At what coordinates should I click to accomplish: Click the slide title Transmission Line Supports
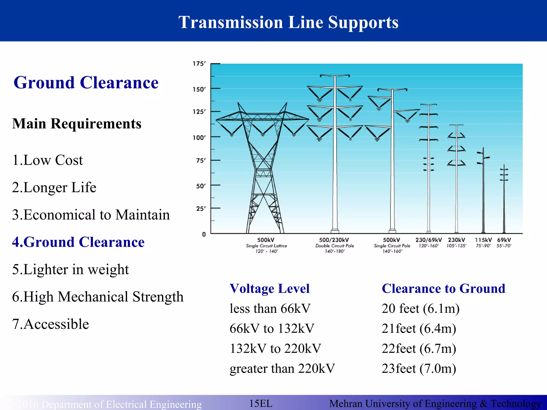tap(288, 22)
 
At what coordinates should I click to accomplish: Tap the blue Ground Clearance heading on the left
tap(86, 82)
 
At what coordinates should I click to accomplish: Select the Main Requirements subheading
tap(77, 124)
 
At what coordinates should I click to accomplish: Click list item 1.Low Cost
tap(48, 160)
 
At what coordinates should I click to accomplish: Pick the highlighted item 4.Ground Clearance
tap(78, 242)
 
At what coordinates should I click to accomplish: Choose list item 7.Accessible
tap(50, 324)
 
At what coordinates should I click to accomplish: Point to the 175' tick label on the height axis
tap(199, 64)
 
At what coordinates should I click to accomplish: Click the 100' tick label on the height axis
tap(199, 137)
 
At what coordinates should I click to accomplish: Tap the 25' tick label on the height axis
tap(201, 208)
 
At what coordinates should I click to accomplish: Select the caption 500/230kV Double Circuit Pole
tap(334, 245)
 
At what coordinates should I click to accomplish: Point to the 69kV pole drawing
tap(504, 198)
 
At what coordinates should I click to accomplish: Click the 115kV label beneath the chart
tap(483, 240)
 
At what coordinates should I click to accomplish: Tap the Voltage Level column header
tap(269, 289)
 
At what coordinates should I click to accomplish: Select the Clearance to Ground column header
tap(443, 289)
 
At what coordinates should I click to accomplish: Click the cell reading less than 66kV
tap(270, 309)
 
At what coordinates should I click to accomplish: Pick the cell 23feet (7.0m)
tap(419, 369)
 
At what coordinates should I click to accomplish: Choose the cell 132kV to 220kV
tap(275, 349)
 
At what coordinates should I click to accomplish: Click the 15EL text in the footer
tap(261, 403)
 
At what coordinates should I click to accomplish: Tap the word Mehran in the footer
tap(346, 404)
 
